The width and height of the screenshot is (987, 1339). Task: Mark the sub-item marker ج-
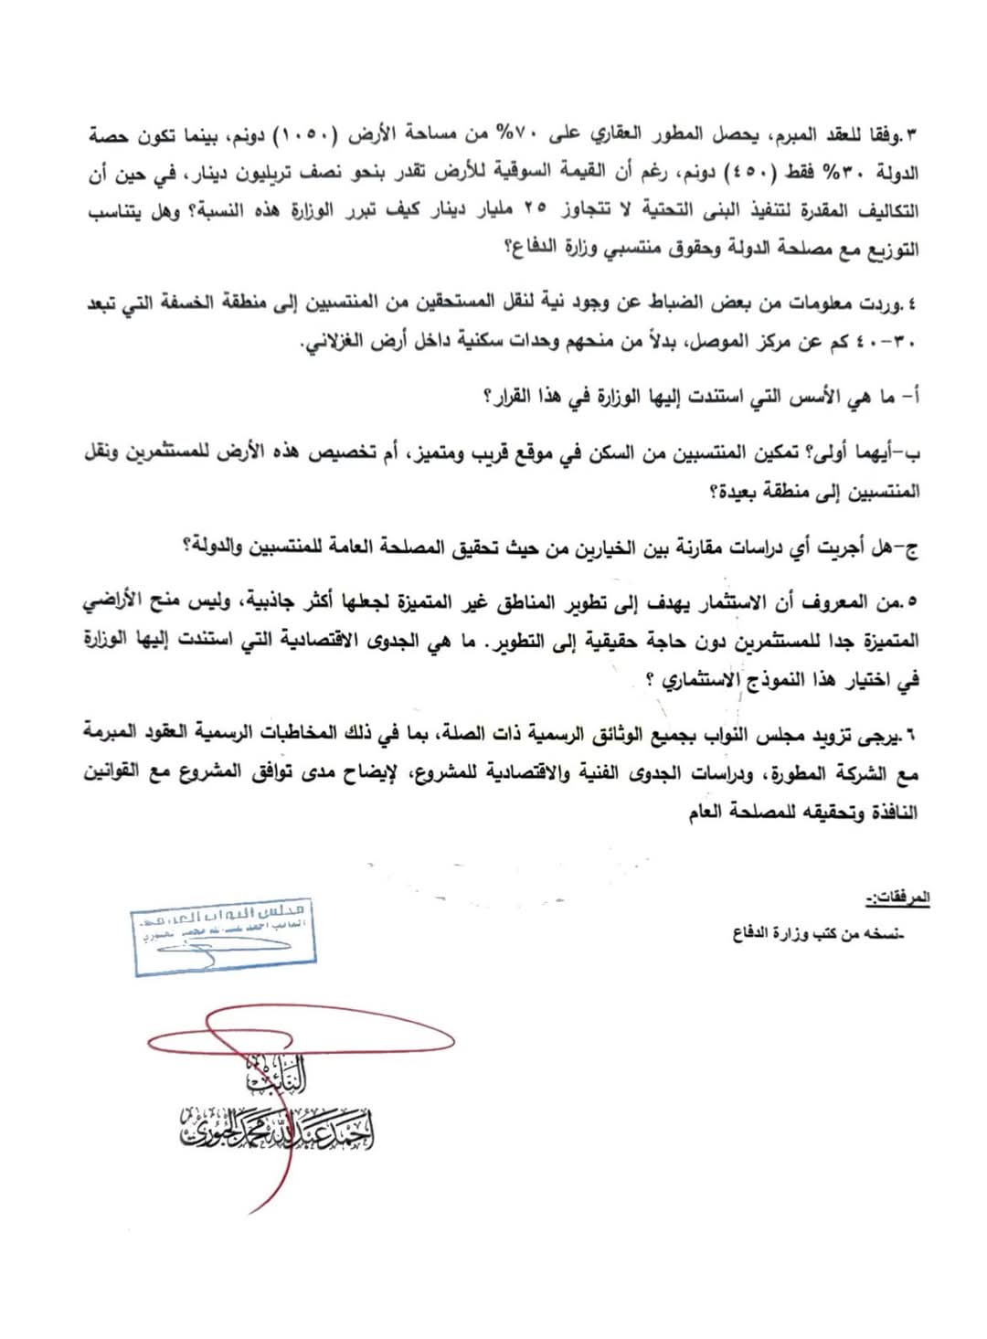pyautogui.click(x=909, y=547)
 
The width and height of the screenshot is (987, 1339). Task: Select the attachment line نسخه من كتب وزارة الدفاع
pyautogui.click(x=817, y=934)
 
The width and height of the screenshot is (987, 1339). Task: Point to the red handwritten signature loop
pyautogui.click(x=302, y=1042)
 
